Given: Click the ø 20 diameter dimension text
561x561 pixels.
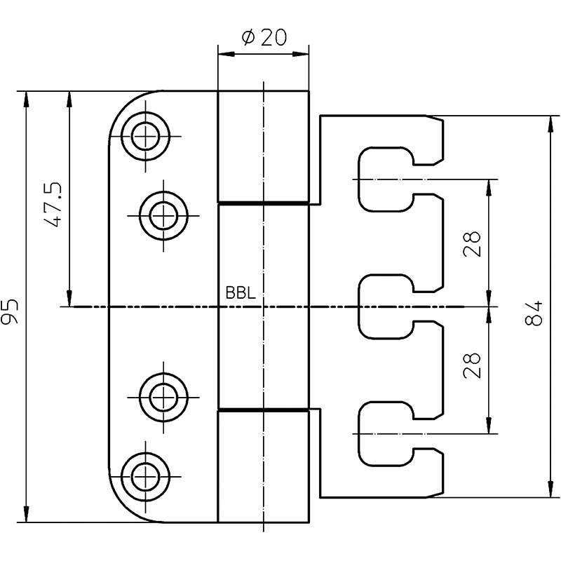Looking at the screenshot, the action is point(264,38).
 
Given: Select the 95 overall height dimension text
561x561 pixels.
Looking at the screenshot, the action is point(10,311).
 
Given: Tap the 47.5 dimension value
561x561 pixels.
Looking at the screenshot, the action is point(53,205).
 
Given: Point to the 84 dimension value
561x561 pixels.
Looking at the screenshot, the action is point(534,313).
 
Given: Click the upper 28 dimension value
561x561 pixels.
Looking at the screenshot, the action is point(471,244).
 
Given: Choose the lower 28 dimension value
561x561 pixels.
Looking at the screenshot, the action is point(471,365).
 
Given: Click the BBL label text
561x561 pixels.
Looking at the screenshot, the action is point(241,292).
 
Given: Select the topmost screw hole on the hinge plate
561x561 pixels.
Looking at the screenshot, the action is point(145,136).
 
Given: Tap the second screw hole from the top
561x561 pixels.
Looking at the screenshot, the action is point(163,216).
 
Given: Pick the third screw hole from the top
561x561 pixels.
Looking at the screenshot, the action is point(163,397).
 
